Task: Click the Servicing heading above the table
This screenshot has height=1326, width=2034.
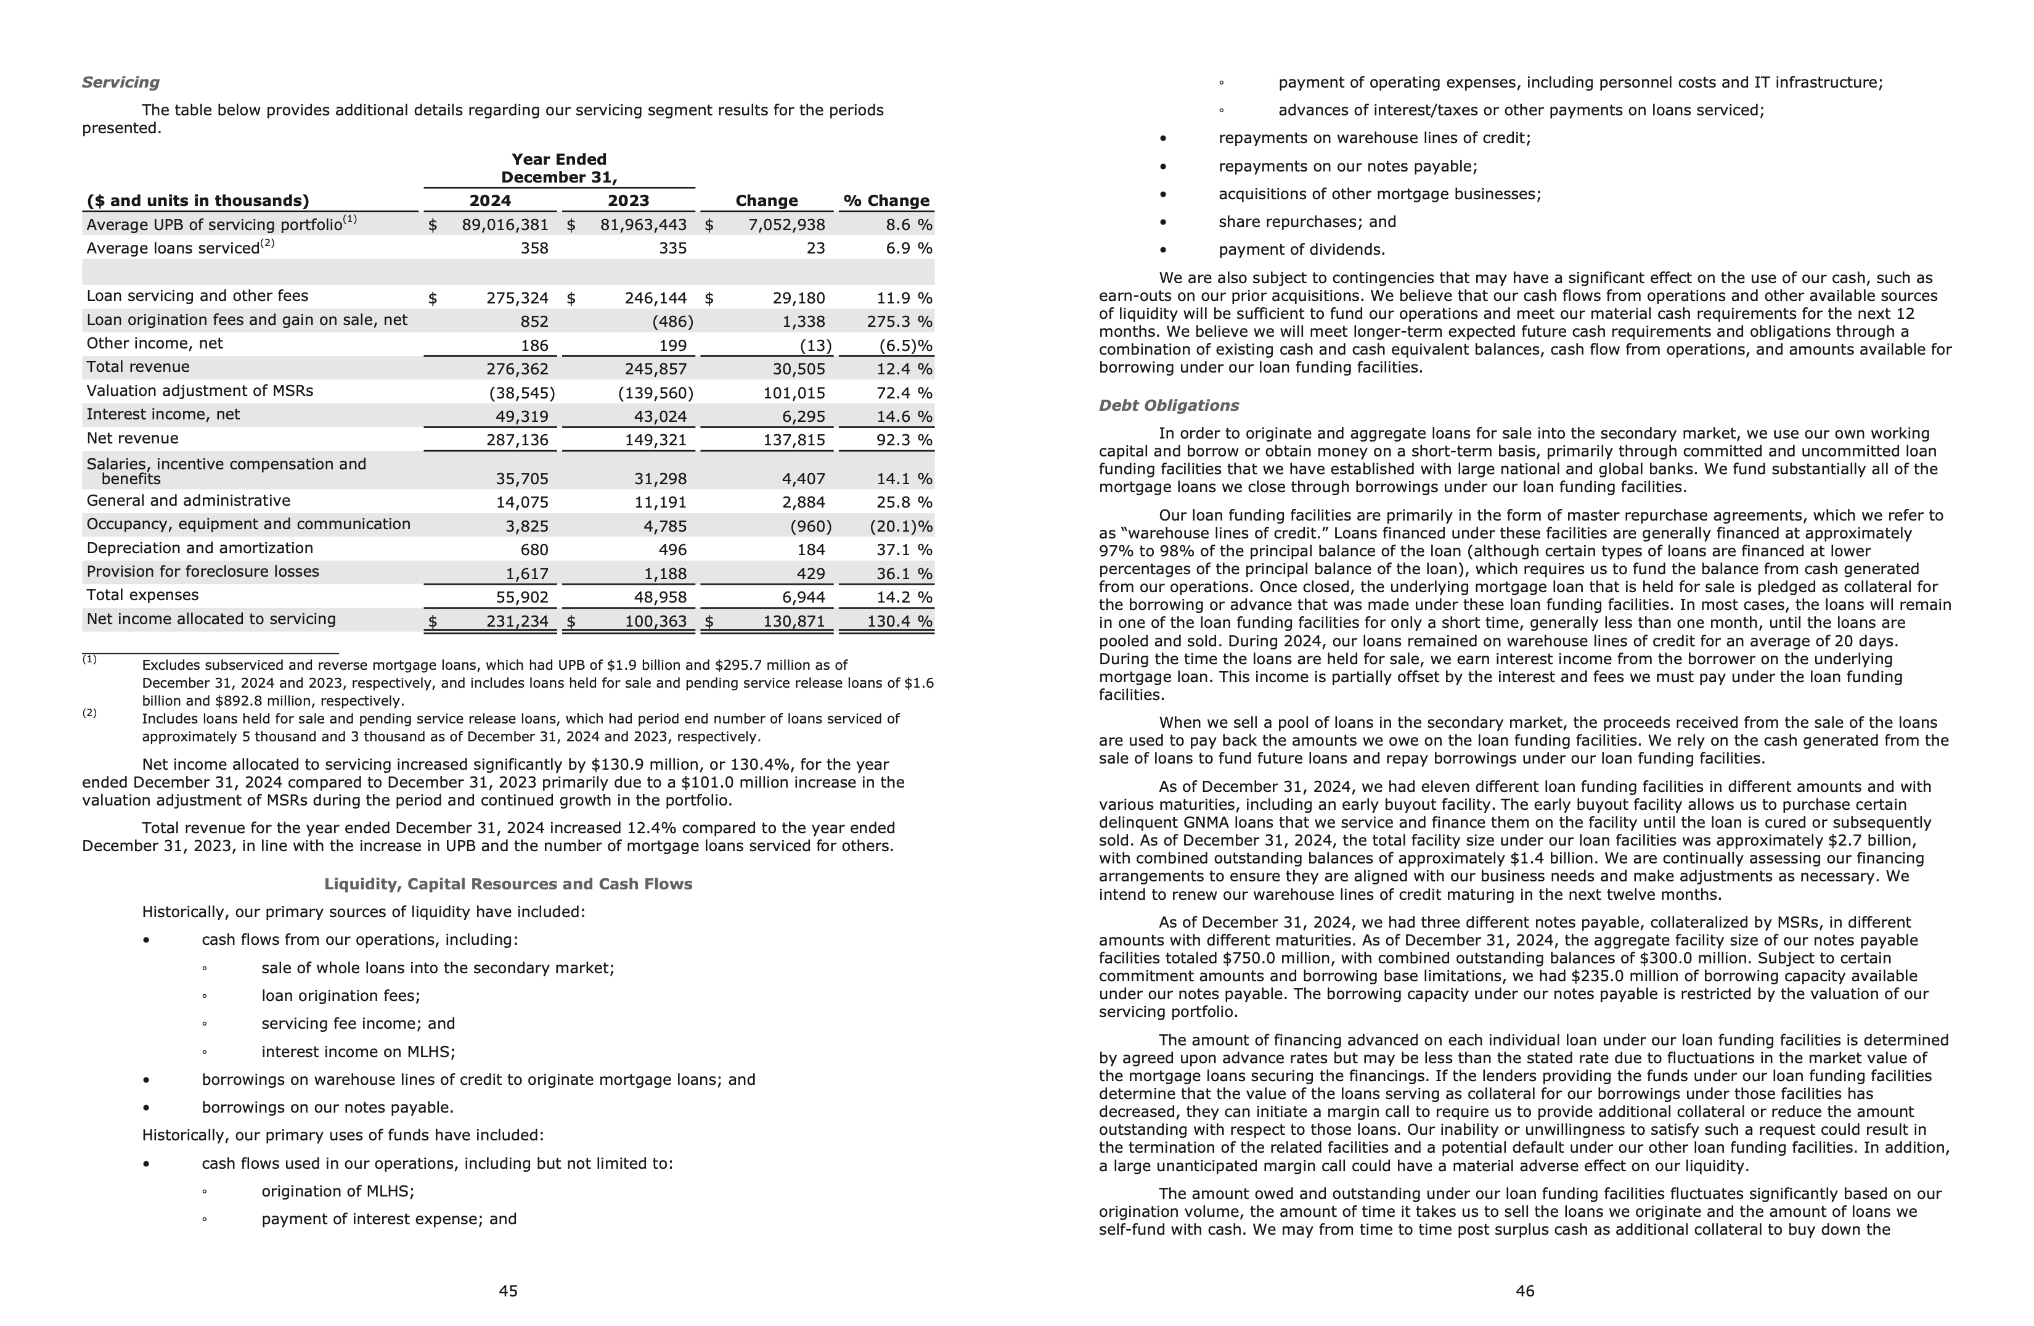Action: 121,82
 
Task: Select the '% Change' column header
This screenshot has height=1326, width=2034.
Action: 886,201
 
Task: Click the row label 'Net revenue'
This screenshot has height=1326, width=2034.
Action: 133,439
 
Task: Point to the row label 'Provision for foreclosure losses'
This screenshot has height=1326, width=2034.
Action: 203,572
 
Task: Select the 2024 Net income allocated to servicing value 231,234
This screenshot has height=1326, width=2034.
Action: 517,622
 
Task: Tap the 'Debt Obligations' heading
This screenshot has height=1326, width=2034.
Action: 1168,405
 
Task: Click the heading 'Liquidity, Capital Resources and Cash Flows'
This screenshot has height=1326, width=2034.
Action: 508,884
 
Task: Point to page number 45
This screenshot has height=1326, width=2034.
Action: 508,1291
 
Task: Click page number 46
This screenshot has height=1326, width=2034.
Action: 1525,1291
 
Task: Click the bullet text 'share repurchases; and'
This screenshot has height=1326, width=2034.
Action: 1307,222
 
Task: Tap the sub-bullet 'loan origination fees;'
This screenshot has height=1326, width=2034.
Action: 340,996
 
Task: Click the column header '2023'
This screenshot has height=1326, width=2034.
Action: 628,201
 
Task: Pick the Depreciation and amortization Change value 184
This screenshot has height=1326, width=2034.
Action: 811,550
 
